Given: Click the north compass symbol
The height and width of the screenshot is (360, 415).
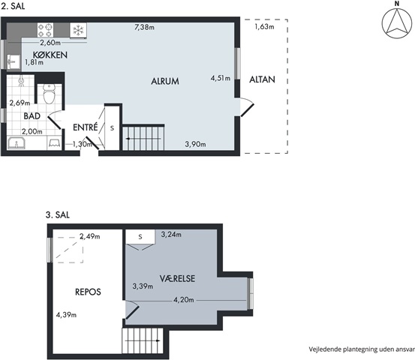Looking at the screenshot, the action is pos(397,23).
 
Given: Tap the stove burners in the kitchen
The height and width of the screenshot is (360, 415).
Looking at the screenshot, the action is pos(45,30).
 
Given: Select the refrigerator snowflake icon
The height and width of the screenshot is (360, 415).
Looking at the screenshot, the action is pos(78,30).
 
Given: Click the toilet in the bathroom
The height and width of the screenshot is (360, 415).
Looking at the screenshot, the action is pos(49,94).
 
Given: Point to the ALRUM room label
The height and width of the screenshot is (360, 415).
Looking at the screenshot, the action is pos(165,81).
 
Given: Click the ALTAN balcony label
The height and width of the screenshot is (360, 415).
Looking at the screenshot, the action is pos(262,79).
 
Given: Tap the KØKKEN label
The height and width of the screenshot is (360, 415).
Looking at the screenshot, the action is pos(50,55).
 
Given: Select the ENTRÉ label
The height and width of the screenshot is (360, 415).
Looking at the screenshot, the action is pos(86,127).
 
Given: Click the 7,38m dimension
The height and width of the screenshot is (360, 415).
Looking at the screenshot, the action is pos(145,27).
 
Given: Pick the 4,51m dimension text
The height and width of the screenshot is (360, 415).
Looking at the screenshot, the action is pos(221,78).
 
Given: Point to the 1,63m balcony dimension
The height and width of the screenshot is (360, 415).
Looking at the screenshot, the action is pos(264,26).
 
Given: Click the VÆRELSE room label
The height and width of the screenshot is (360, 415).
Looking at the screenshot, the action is pos(177,278).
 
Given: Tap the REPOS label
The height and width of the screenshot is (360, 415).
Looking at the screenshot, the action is pos(88,292).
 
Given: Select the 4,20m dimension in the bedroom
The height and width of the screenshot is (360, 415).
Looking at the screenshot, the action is pos(184,300).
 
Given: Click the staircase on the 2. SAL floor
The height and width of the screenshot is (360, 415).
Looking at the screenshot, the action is pos(143,137).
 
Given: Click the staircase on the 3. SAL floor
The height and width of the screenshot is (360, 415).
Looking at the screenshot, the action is pos(143,340).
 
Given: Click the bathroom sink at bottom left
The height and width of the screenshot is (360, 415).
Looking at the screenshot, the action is pos(17,143).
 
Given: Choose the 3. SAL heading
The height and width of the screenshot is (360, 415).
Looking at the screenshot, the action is pos(58,215).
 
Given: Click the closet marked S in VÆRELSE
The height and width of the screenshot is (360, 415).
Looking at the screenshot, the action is pos(140,236).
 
